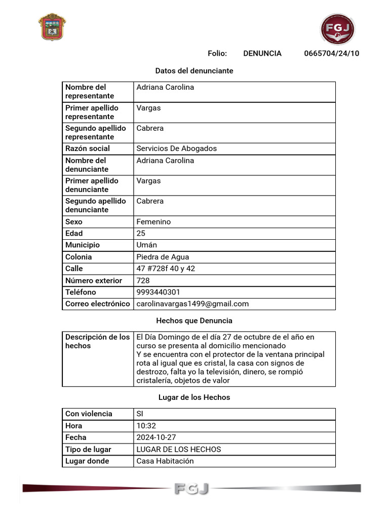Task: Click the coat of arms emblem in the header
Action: (52, 27)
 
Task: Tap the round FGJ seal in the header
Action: (337, 29)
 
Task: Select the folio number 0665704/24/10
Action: (331, 53)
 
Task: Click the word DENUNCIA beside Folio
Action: (262, 53)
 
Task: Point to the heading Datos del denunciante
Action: (194, 71)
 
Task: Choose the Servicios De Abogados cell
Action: (176, 149)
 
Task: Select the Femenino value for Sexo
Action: (153, 221)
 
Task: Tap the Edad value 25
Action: (141, 233)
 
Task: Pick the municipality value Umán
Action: (146, 245)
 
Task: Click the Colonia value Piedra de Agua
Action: (163, 257)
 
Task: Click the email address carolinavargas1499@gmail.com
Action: (192, 304)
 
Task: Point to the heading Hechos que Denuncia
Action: (194, 320)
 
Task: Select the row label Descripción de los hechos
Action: (97, 341)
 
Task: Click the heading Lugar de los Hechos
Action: (194, 397)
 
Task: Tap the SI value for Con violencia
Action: (140, 414)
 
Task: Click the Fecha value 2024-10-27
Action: (155, 437)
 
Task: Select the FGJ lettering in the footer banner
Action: (191, 489)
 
